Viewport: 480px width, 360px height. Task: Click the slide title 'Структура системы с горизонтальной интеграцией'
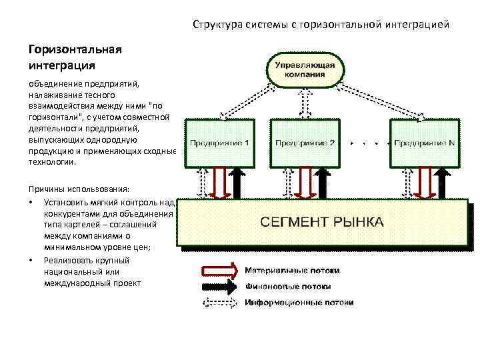pos(321,25)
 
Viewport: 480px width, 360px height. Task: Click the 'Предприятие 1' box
pos(219,143)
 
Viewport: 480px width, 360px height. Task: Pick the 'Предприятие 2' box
pos(303,143)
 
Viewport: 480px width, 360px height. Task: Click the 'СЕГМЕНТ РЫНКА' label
pos(321,222)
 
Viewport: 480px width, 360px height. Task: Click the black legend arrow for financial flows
pos(219,287)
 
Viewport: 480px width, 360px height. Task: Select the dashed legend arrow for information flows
pos(219,303)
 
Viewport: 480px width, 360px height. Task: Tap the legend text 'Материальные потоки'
pos(292,271)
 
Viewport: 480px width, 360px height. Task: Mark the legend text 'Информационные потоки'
pos(299,303)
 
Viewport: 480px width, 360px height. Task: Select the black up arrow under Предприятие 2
pos(322,183)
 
